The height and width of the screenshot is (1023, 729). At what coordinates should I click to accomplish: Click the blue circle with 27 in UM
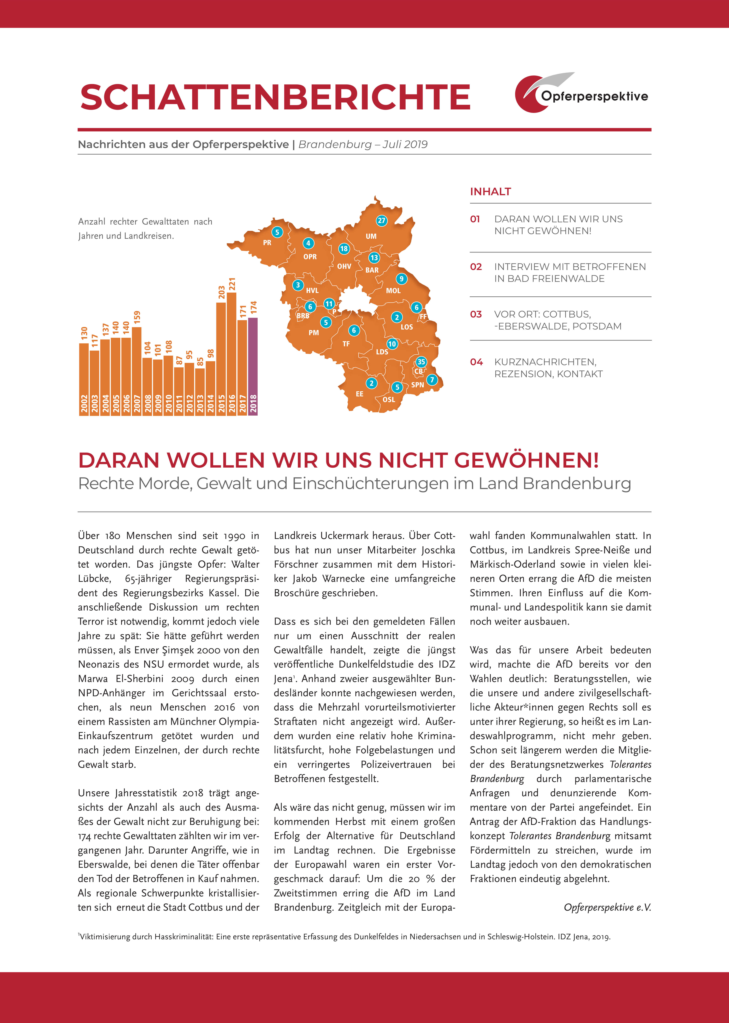tap(382, 220)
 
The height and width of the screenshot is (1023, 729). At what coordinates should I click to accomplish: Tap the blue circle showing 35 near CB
tap(421, 362)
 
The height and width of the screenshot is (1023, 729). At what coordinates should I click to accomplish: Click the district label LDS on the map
tap(382, 352)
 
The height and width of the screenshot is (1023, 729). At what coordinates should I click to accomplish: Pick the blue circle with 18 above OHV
tap(344, 249)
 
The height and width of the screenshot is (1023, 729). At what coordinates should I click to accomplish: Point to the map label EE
tap(360, 394)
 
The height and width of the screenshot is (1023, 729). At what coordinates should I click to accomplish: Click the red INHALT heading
tap(490, 192)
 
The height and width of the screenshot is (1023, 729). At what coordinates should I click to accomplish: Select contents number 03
tap(476, 314)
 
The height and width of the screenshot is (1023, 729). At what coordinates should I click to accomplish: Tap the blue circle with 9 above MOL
tap(401, 279)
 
